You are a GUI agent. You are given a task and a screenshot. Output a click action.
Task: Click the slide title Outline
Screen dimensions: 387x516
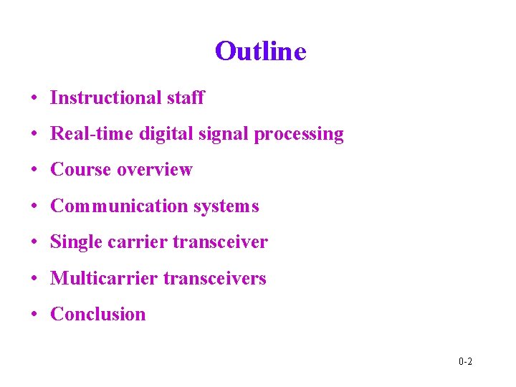[x=260, y=52]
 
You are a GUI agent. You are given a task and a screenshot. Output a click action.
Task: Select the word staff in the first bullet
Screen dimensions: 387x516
[x=186, y=98]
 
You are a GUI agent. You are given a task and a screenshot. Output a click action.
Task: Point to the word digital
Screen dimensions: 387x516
[x=162, y=134]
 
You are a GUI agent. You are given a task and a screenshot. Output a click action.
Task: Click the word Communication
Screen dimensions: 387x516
[x=119, y=206]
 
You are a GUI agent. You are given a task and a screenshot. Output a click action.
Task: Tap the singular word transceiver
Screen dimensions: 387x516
[x=221, y=242]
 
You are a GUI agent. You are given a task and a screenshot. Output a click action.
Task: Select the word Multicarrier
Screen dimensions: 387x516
[x=104, y=278]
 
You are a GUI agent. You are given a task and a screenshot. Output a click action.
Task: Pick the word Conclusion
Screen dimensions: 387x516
[x=98, y=314]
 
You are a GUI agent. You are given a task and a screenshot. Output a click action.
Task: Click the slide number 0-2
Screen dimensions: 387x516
[x=465, y=361]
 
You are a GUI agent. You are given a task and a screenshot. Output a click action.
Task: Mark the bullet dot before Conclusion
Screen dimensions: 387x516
[x=34, y=315]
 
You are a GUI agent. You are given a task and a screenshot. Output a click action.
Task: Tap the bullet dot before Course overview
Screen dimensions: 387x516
[x=34, y=171]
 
